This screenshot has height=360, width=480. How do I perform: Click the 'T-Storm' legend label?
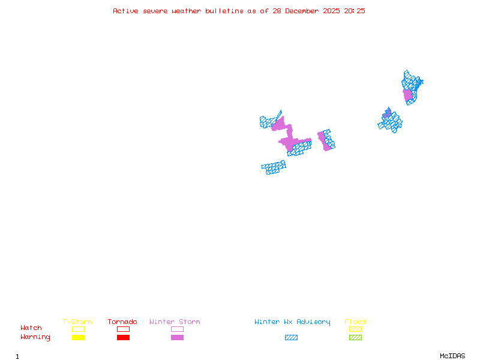tap(77, 322)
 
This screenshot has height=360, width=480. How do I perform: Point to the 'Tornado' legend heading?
tap(122, 322)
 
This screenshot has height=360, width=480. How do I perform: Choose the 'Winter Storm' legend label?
tap(175, 322)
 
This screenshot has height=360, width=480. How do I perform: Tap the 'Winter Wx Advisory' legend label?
tap(292, 322)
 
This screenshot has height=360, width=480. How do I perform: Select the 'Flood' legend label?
tap(355, 322)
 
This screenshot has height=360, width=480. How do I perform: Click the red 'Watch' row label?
tap(31, 328)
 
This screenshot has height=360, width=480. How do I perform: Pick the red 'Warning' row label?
tap(35, 337)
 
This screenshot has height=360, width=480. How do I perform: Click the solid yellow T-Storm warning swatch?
tap(78, 338)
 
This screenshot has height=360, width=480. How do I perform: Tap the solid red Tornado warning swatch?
tap(123, 338)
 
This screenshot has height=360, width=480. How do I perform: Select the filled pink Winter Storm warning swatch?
tap(177, 338)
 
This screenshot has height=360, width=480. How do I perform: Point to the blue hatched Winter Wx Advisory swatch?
tap(291, 338)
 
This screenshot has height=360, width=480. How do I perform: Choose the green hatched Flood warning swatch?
tap(355, 338)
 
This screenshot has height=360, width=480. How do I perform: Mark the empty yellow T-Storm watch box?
tap(78, 329)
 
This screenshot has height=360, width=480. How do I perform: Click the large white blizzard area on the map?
tap(275, 156)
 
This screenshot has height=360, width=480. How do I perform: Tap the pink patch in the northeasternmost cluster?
tap(408, 95)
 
